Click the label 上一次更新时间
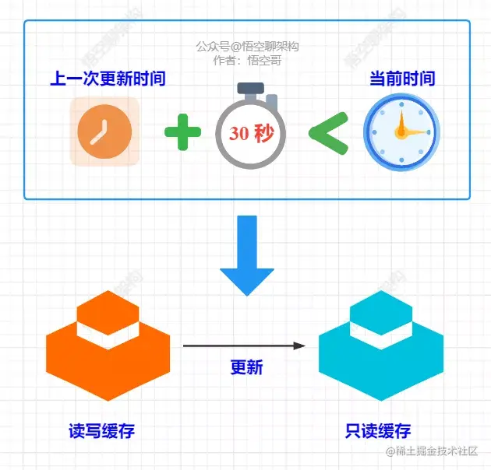108,79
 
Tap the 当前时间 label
401,79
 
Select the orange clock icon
104,132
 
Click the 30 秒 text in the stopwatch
251,133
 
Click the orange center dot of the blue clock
401,132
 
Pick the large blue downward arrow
246,253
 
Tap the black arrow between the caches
244,345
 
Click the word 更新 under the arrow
246,367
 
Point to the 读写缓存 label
107,431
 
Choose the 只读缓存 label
378,431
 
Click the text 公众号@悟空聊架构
247,46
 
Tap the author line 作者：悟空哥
247,58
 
